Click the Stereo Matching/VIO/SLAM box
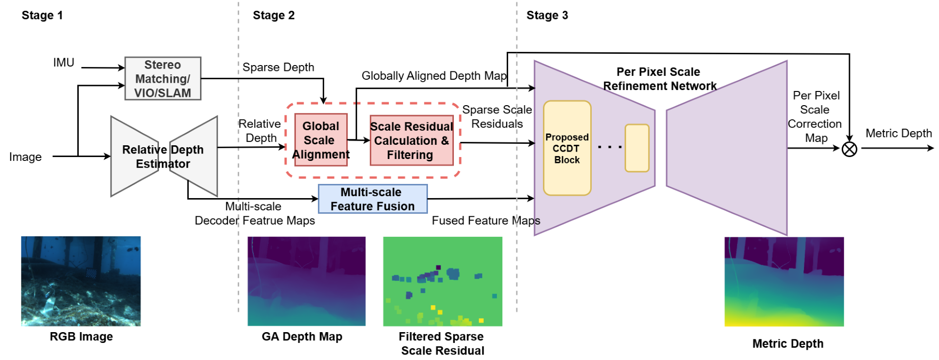[162, 79]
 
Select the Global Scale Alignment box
[321, 140]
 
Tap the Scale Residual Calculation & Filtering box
[411, 140]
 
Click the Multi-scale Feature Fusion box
[372, 199]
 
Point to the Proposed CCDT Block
[567, 148]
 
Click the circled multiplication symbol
[849, 149]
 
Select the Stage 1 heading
[42, 15]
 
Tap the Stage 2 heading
[273, 15]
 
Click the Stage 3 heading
[547, 15]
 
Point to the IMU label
[64, 63]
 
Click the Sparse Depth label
[278, 67]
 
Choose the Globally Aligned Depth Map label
[433, 76]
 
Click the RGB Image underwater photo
[81, 281]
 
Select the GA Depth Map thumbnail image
[306, 281]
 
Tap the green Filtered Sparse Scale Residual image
[442, 281]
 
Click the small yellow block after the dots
[637, 148]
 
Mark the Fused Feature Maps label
[486, 221]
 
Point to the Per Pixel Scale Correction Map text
[815, 116]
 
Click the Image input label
[25, 157]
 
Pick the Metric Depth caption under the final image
[787, 343]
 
